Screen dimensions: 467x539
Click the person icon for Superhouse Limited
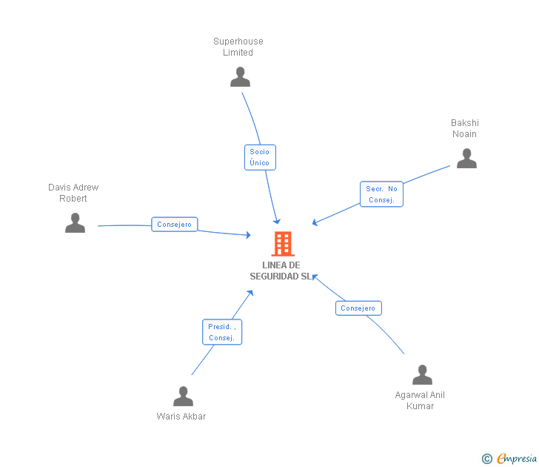click(240, 77)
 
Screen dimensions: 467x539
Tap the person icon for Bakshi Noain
click(466, 159)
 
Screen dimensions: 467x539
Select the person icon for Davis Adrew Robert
click(75, 223)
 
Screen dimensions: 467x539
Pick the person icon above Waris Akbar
click(183, 397)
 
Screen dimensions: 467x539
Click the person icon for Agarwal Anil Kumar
click(422, 375)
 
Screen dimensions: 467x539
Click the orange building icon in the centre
click(282, 243)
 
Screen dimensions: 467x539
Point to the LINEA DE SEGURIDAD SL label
click(281, 271)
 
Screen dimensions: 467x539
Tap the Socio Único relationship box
click(260, 157)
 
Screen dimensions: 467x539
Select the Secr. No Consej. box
click(381, 194)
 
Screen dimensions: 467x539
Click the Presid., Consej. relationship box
click(222, 332)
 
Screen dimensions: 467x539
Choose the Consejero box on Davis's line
click(175, 224)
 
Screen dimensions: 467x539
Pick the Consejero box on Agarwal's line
click(358, 308)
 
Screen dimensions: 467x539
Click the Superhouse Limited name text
click(238, 47)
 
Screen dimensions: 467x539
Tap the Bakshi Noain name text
click(465, 128)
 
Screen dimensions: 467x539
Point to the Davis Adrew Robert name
click(73, 193)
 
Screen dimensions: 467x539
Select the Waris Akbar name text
click(181, 417)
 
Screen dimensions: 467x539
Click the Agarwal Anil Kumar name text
click(420, 400)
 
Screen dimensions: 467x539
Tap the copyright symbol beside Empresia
click(486, 459)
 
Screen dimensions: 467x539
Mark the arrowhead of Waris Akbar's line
click(250, 293)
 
